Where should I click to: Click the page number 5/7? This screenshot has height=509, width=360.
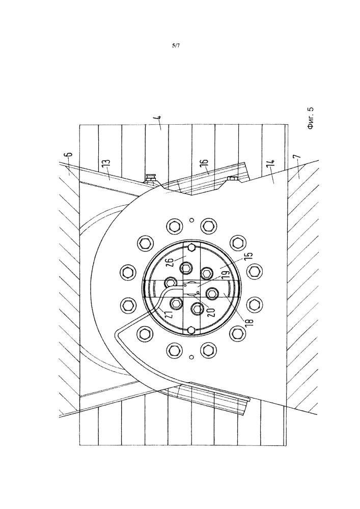coord(176,46)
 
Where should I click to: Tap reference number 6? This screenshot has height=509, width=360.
coord(70,158)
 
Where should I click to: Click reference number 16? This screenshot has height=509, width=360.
coord(204,165)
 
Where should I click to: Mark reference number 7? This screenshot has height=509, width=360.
coord(299,158)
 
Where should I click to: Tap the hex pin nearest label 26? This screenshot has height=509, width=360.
coord(192,248)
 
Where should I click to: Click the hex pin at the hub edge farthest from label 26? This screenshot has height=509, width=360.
coord(192,330)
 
